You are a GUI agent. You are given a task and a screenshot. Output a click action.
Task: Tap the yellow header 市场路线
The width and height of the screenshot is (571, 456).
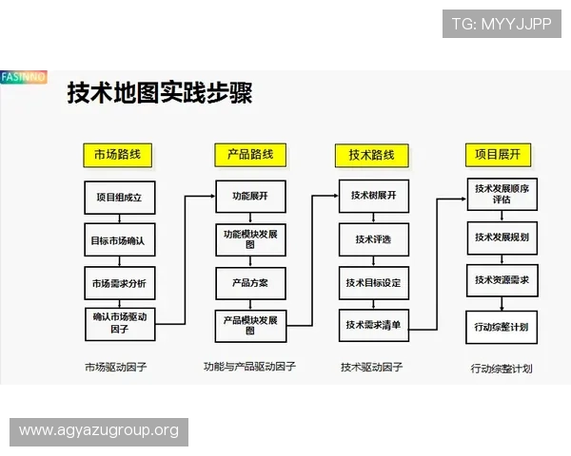[118, 154]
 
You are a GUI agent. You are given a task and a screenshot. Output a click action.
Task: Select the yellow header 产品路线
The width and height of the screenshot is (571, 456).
[250, 154]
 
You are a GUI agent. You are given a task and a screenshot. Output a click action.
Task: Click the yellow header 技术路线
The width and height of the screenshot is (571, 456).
[371, 155]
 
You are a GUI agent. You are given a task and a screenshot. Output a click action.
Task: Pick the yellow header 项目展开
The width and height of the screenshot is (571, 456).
[499, 154]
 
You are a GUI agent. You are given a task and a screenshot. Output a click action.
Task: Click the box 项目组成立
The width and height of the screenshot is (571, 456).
[118, 198]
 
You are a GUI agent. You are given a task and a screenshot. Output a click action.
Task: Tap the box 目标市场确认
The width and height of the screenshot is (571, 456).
[118, 240]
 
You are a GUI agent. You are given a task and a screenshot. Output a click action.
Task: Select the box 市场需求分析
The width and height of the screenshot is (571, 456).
[118, 283]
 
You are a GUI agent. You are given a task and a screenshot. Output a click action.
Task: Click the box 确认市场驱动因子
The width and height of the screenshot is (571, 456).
[118, 323]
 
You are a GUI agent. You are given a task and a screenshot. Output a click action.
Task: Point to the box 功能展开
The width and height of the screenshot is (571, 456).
[250, 197]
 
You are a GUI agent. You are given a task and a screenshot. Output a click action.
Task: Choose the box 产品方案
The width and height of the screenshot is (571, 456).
[250, 283]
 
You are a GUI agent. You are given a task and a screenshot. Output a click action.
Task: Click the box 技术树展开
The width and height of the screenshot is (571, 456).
[373, 196]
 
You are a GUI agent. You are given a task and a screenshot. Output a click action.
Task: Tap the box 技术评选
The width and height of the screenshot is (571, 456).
[373, 238]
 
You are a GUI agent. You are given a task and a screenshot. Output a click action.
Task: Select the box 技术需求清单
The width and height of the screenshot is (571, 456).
[373, 325]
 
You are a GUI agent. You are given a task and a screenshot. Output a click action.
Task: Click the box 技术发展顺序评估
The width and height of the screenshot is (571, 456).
[502, 195]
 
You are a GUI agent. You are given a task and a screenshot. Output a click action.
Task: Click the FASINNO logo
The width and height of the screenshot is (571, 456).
[24, 76]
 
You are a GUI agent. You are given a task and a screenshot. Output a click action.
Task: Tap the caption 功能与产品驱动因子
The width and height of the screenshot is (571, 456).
[249, 366]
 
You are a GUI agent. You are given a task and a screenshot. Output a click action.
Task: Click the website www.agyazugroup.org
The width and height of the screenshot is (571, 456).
[99, 431]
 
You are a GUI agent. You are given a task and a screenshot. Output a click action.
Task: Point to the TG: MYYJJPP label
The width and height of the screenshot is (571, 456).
[502, 24]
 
